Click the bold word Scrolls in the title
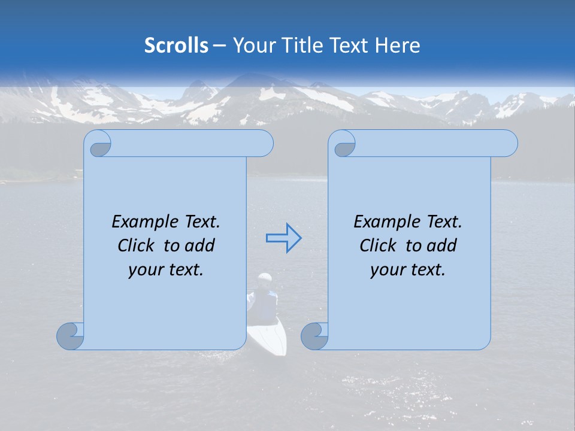pos(176,45)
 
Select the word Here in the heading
pos(397,45)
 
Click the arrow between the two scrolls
pos(283,238)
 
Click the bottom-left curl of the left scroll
pos(69,336)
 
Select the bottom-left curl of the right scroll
pos(314,336)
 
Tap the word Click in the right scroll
pos(378,245)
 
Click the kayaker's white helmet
pos(264,278)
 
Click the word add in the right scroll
pos(441,245)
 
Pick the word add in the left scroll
pos(199,245)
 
